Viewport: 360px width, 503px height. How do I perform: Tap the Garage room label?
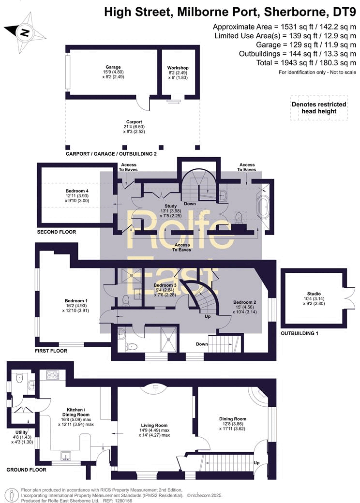pyautogui.click(x=113, y=67)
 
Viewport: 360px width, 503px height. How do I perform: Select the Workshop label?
pyautogui.click(x=178, y=68)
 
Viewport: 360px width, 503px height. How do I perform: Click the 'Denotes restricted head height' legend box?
pyautogui.click(x=319, y=108)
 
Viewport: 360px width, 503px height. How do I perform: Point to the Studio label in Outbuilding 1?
pyautogui.click(x=314, y=294)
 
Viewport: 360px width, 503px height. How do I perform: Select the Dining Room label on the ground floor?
pyautogui.click(x=233, y=419)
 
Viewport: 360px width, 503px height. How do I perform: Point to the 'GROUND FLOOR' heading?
pyautogui.click(x=27, y=470)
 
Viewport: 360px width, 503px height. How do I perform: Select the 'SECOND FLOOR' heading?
pyautogui.click(x=57, y=232)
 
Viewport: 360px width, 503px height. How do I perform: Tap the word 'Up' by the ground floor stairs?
pyautogui.click(x=256, y=463)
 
